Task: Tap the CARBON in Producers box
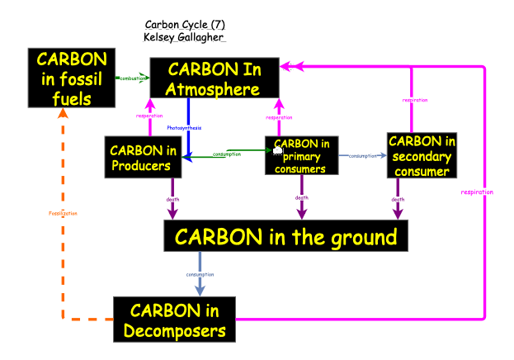144,157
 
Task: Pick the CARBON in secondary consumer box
422,155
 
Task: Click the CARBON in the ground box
285,238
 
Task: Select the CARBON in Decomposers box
173,320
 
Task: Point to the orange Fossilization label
63,213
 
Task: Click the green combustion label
132,78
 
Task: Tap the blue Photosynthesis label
184,128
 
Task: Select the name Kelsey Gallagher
184,38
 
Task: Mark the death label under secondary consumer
398,199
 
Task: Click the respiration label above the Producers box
149,116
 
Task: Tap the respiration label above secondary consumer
414,100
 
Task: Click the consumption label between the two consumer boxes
363,155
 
